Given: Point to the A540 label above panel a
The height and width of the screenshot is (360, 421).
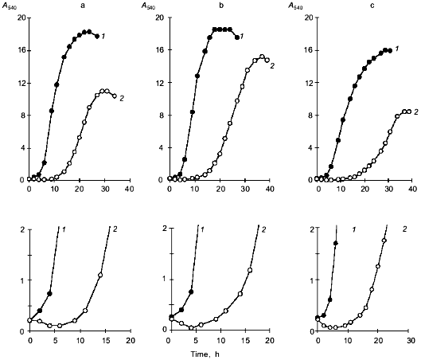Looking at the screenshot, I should (x=15, y=6).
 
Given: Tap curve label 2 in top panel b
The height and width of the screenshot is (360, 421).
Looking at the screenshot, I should (x=272, y=65).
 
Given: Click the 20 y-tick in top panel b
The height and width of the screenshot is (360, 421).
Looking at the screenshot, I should (x=160, y=18).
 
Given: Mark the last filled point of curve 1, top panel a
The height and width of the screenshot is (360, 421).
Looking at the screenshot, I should (x=97, y=37).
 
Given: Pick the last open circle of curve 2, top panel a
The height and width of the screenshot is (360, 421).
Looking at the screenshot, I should (x=115, y=96).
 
